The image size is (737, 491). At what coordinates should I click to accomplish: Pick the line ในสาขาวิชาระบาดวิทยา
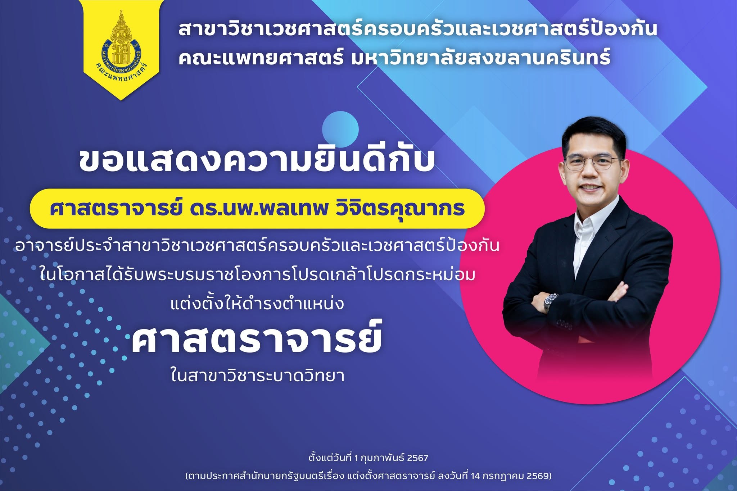point(258,376)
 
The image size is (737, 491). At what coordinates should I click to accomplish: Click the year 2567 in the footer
point(418,458)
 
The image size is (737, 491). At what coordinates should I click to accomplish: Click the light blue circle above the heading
point(340,129)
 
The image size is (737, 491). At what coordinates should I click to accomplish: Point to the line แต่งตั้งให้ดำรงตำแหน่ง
point(257,303)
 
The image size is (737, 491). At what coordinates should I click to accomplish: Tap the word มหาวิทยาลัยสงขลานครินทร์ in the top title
point(481,58)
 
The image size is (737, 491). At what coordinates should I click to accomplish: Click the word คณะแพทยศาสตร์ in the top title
point(261,58)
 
